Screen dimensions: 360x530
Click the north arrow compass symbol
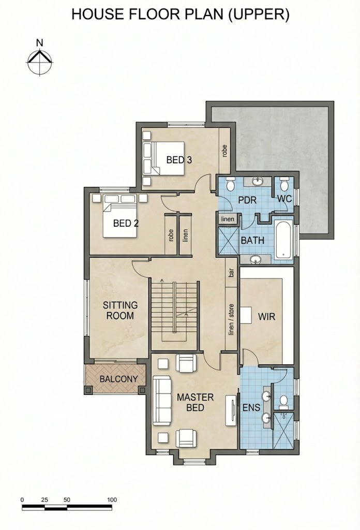(x=40, y=63)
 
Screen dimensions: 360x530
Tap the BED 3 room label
(x=179, y=160)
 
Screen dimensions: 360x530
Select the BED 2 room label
(x=126, y=224)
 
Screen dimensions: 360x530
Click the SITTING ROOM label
(x=120, y=311)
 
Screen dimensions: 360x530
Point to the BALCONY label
(x=118, y=379)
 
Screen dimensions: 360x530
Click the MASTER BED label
(x=195, y=402)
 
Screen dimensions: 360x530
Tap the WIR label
(x=266, y=317)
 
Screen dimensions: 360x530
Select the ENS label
(x=251, y=407)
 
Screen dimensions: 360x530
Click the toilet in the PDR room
(x=231, y=184)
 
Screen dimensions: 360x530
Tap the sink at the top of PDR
(x=258, y=182)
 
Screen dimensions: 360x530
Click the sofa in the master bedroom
(x=161, y=400)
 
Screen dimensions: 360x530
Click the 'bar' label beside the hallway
(x=231, y=273)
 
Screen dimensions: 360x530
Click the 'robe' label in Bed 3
(x=224, y=151)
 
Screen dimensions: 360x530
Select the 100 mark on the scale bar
(x=112, y=500)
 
